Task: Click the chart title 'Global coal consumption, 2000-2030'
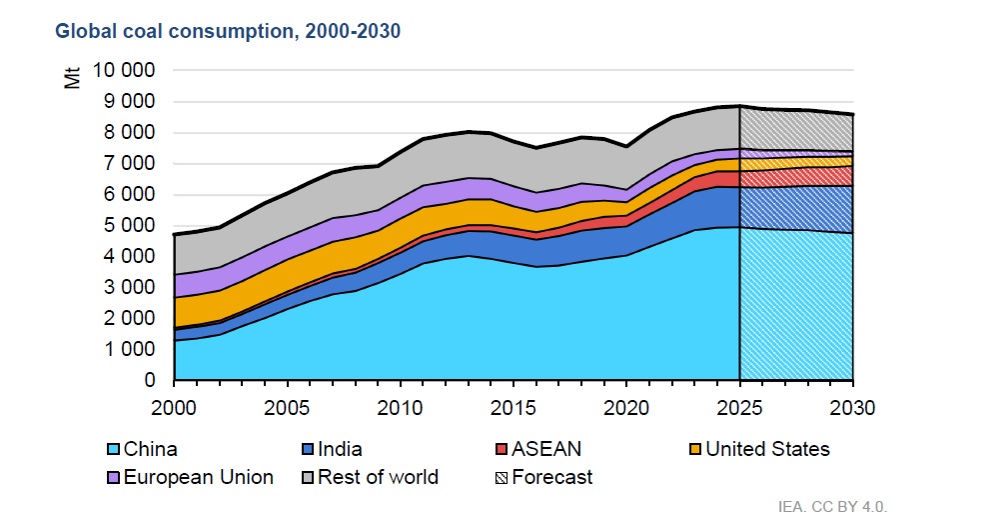pyautogui.click(x=228, y=31)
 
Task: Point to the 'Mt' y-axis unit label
pyautogui.click(x=73, y=78)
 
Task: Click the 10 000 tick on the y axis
pyautogui.click(x=125, y=71)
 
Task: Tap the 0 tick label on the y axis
pyautogui.click(x=150, y=381)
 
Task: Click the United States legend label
pyautogui.click(x=767, y=449)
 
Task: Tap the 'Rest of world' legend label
pyautogui.click(x=378, y=477)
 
